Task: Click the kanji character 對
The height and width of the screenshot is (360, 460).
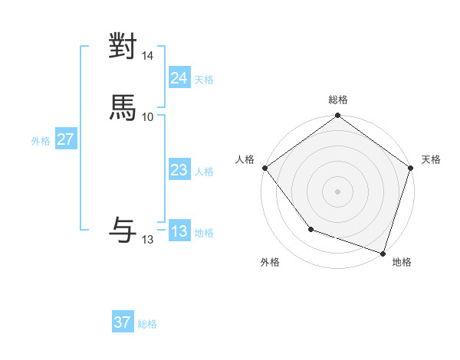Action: pos(123,47)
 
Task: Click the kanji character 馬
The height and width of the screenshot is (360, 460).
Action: pos(123,107)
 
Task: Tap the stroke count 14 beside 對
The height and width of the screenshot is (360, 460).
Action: pos(148,56)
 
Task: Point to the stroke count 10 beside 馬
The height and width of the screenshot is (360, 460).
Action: pos(148,116)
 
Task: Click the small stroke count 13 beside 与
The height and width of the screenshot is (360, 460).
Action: pos(148,240)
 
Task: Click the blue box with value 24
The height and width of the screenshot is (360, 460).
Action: pos(179,78)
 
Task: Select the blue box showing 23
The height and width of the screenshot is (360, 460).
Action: pos(179,171)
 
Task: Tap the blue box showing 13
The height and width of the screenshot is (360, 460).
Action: pos(179,231)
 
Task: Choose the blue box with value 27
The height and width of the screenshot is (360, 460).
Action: pos(65,139)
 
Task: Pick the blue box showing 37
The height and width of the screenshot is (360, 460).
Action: pos(123,322)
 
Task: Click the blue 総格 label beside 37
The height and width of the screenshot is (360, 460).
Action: pos(147,324)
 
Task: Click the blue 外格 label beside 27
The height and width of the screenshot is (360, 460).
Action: pos(41,141)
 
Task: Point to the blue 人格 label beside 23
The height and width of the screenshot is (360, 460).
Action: pos(204,172)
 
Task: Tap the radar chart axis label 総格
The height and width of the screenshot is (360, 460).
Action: pos(338,100)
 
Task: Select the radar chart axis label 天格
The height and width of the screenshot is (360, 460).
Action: pos(431,159)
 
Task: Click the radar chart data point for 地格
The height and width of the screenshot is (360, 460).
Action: pos(383,253)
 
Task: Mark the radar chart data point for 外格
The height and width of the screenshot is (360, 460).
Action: pos(310,229)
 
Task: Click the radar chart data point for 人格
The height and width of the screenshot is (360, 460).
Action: pos(264,168)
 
